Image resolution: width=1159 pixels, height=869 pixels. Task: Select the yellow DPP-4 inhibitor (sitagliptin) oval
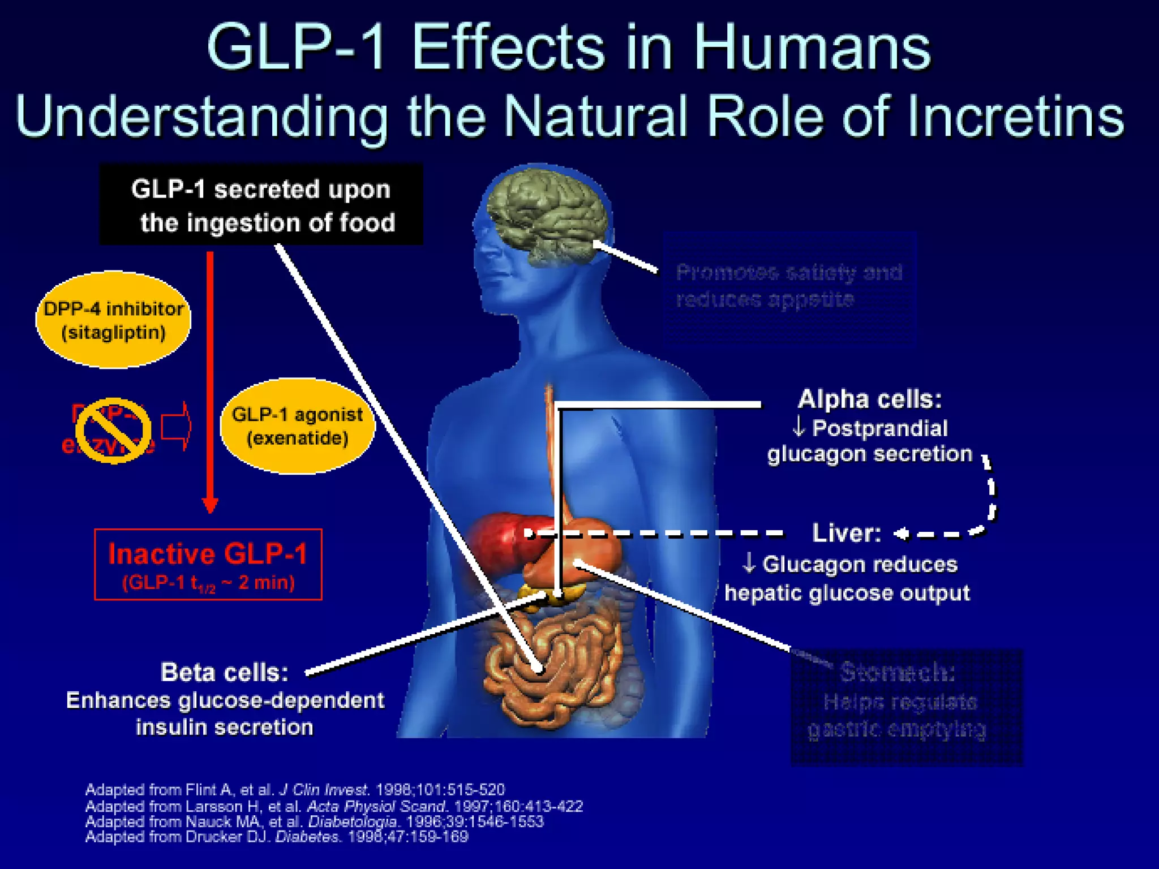[x=113, y=320]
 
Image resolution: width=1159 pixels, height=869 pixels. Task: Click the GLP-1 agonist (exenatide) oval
[x=297, y=426]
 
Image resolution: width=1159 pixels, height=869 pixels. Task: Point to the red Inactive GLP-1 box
[x=208, y=564]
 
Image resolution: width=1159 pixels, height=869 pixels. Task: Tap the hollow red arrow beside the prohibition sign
[x=176, y=426]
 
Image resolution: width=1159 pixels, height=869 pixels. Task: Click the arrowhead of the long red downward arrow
[x=210, y=504]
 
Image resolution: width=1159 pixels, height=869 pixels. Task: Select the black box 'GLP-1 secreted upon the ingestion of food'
[x=261, y=205]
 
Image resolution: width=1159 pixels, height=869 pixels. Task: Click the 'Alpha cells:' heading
[x=870, y=399]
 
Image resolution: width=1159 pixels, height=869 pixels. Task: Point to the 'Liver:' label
[x=846, y=533]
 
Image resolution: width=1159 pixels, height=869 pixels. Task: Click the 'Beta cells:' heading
[x=225, y=673]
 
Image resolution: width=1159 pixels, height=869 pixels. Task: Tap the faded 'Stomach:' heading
[x=898, y=672]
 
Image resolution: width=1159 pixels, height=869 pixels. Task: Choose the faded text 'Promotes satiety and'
[x=789, y=273]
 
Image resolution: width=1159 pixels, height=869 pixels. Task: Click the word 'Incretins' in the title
[x=1016, y=117]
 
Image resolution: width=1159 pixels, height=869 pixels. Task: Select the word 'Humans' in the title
[x=812, y=48]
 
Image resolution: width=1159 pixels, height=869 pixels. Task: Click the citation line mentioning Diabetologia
[x=314, y=821]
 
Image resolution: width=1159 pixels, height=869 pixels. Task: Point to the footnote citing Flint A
[x=294, y=790]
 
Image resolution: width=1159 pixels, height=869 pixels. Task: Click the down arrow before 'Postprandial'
[x=799, y=428]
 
